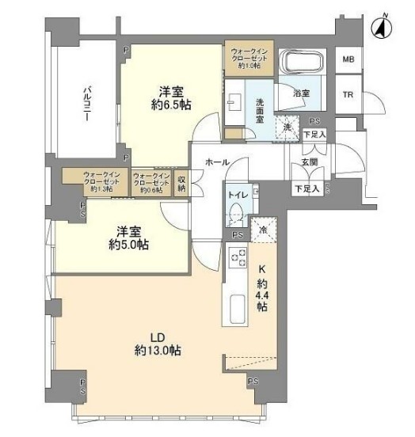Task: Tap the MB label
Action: (x=348, y=60)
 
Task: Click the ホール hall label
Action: (x=217, y=162)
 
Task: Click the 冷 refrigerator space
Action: (x=263, y=230)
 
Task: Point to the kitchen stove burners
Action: (x=237, y=259)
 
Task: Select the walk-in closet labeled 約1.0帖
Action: (x=249, y=55)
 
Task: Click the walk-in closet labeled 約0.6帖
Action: (x=151, y=182)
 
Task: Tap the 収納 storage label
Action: (x=182, y=183)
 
